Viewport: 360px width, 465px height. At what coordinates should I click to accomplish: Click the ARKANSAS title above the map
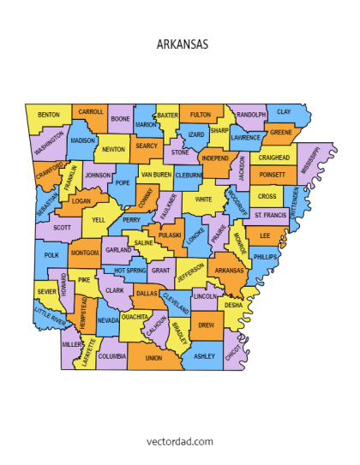pos(183,45)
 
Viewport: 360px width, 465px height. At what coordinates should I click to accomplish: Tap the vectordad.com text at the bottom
pos(180,440)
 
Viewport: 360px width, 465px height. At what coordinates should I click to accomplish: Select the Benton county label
pos(49,115)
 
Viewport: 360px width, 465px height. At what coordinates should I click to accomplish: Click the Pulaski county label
pos(170,234)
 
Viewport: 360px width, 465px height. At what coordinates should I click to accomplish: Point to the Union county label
pos(153,358)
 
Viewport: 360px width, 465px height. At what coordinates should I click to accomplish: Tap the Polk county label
pos(51,255)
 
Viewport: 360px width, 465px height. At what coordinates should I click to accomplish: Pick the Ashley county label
pos(204,355)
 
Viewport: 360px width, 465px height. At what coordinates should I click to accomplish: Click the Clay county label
pos(283,112)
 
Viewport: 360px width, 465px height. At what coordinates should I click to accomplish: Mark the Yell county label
pos(99,220)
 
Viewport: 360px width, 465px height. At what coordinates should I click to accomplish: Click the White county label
pos(203,200)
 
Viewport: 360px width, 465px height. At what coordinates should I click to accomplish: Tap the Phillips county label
pos(266,257)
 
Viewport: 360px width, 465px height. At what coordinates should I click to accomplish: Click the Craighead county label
pos(274,158)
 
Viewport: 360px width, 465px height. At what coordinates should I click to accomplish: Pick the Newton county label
pos(113,150)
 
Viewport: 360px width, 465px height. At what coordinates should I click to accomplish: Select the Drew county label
pos(206,325)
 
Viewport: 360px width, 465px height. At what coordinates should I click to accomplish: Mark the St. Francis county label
pos(270,215)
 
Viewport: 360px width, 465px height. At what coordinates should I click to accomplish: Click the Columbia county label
pos(112,355)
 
